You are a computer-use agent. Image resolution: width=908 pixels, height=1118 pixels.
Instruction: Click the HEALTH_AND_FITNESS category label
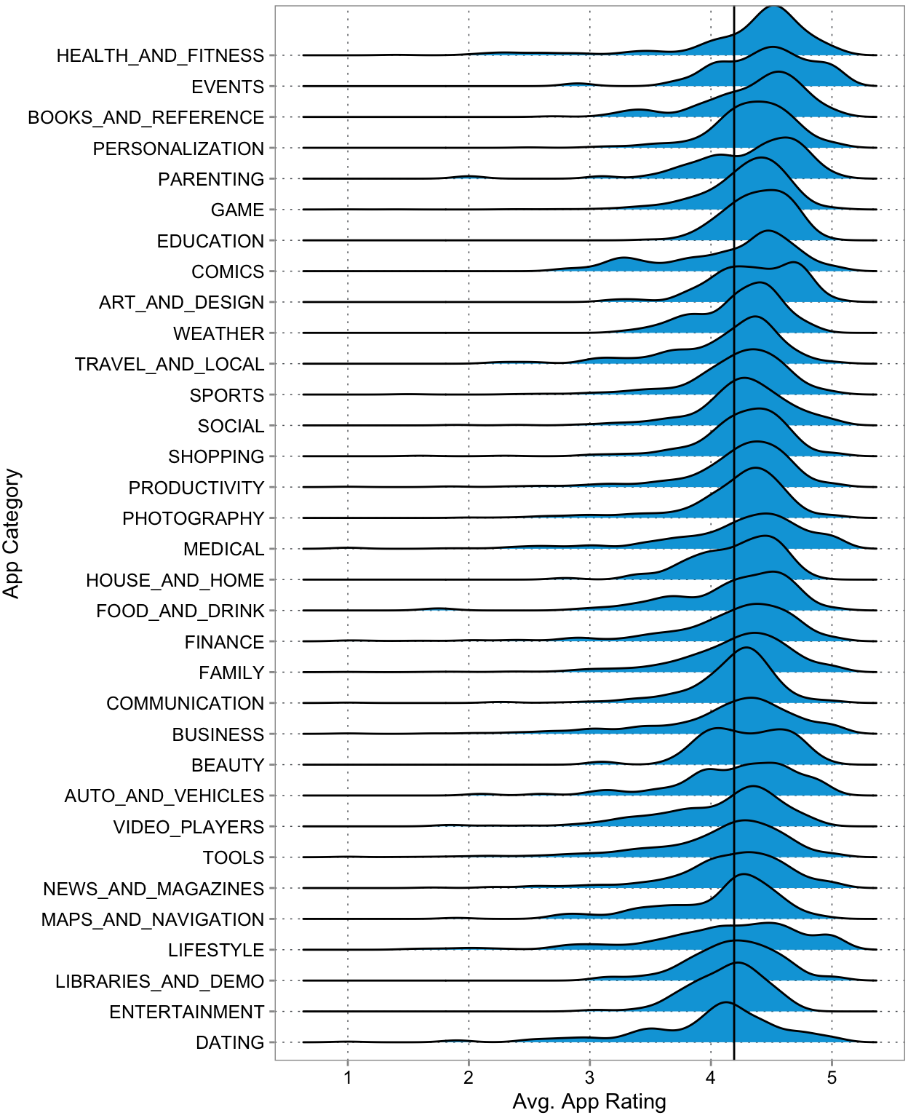tap(160, 56)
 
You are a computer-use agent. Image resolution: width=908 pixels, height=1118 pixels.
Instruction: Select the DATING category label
tap(230, 1043)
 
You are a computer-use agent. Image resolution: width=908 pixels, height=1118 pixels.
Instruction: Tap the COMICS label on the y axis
tap(228, 271)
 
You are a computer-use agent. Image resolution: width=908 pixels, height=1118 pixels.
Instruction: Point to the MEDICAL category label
tap(223, 549)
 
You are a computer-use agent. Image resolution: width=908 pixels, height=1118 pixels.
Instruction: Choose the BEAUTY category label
tap(228, 765)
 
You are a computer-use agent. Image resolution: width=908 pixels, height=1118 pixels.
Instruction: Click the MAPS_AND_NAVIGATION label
tap(153, 919)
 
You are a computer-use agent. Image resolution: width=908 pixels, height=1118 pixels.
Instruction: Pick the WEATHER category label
tap(219, 333)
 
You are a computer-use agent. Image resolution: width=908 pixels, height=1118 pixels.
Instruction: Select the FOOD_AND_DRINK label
tap(180, 611)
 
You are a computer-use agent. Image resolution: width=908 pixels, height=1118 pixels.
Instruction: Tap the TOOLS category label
tap(234, 857)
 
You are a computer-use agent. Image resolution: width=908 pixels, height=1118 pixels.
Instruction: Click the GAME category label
tap(237, 210)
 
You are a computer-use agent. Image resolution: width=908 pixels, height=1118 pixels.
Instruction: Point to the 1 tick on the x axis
tap(348, 1078)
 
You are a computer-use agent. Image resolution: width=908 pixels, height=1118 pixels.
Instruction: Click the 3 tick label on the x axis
tap(589, 1078)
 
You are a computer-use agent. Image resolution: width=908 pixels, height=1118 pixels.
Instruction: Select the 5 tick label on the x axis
tap(832, 1078)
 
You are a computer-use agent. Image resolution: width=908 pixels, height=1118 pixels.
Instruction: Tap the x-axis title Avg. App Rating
tap(589, 1102)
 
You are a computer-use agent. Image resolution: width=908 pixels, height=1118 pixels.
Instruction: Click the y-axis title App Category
tap(12, 534)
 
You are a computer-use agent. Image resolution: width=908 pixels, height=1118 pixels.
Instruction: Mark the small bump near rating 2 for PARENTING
tap(468, 176)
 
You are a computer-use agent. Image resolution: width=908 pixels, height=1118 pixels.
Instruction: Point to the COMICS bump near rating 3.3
tap(624, 258)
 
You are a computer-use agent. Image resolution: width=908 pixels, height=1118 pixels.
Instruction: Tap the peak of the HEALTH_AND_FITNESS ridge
tap(773, 7)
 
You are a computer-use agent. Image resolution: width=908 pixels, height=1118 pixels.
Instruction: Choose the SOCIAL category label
tap(231, 426)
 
